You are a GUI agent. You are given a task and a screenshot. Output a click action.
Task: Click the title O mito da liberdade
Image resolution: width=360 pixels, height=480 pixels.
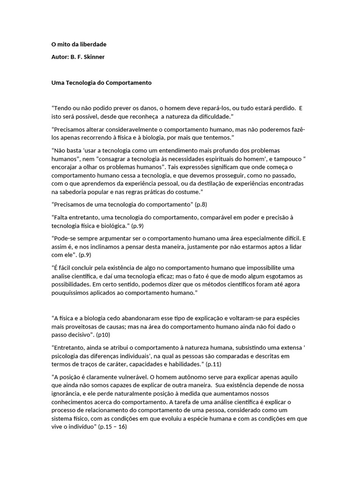click(78, 45)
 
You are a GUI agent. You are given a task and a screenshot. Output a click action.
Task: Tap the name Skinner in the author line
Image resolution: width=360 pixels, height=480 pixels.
click(95, 57)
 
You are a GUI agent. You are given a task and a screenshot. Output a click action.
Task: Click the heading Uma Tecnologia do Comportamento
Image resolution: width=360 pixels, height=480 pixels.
click(101, 82)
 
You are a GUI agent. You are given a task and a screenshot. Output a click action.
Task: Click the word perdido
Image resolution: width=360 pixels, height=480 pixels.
click(282, 108)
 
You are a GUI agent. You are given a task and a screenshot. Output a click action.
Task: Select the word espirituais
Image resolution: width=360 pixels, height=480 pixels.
click(202, 158)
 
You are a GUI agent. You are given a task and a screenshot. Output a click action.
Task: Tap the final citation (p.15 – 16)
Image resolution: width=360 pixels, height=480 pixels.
click(112, 427)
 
